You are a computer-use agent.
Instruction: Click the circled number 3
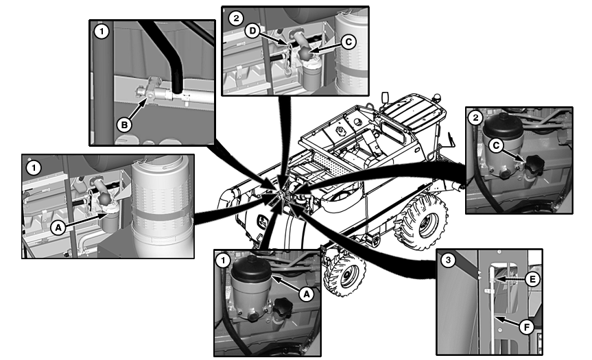click(447, 260)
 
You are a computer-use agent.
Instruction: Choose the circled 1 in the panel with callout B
click(102, 32)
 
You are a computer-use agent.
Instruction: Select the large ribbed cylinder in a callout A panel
click(160, 205)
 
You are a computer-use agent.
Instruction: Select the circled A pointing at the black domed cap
click(306, 293)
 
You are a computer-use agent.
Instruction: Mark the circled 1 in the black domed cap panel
click(223, 260)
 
